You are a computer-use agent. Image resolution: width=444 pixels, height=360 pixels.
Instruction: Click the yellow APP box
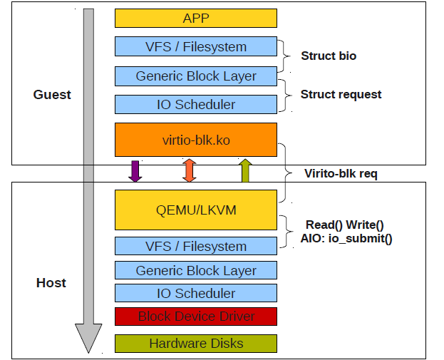(196, 18)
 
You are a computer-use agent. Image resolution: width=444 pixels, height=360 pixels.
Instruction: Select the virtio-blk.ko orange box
(196, 140)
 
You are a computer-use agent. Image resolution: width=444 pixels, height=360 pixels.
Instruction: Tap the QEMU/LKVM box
(196, 210)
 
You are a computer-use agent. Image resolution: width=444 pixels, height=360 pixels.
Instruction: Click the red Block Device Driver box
(196, 317)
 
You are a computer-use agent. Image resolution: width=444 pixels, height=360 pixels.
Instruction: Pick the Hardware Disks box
(196, 344)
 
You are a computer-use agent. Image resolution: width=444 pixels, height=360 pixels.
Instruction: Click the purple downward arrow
(135, 171)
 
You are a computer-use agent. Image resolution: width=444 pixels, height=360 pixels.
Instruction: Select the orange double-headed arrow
(190, 170)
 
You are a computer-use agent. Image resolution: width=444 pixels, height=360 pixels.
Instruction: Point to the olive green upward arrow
(245, 170)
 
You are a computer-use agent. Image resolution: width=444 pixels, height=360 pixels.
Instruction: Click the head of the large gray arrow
(88, 339)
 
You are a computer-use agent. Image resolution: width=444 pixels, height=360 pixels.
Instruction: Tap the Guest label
(52, 95)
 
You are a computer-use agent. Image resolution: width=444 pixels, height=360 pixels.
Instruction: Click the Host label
(51, 283)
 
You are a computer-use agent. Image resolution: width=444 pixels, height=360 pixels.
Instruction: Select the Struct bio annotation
(329, 56)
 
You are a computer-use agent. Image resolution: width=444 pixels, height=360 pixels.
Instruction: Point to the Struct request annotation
(341, 94)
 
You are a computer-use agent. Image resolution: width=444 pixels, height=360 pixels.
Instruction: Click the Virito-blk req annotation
(341, 173)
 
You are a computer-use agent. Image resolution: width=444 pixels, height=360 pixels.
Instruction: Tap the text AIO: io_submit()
(346, 238)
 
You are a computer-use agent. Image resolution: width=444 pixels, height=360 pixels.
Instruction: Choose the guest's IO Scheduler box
(196, 104)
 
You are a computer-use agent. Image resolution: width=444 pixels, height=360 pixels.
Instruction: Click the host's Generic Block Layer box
(196, 270)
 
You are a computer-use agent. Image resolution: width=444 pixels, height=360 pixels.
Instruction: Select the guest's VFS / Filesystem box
(196, 46)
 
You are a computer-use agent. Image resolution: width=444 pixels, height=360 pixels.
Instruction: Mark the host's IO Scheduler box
(196, 293)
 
